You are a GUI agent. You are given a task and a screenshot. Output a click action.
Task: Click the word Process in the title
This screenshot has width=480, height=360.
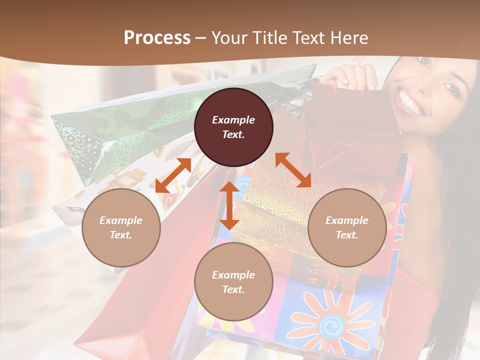157,38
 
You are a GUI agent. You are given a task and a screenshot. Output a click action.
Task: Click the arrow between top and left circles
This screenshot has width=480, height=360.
173,175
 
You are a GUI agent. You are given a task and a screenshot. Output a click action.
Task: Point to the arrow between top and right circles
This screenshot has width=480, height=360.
293,170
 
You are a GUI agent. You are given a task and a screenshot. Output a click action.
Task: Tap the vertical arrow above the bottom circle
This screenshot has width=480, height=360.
229,205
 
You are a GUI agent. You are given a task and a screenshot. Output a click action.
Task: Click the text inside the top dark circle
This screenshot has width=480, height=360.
233,127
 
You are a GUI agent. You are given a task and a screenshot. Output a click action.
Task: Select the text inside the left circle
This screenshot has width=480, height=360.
121,227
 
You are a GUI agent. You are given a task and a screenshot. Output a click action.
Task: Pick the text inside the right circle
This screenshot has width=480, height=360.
347,227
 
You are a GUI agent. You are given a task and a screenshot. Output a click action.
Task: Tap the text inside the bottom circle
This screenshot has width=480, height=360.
233,282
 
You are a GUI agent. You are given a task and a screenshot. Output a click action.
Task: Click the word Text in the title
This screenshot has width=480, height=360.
311,38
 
